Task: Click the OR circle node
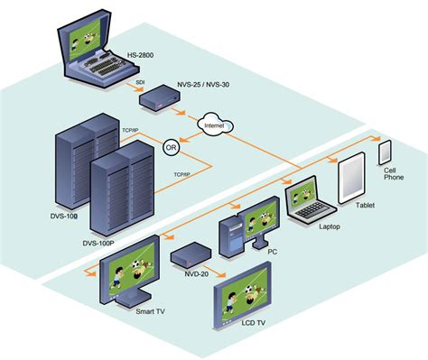point(171,147)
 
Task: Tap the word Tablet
point(366,205)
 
